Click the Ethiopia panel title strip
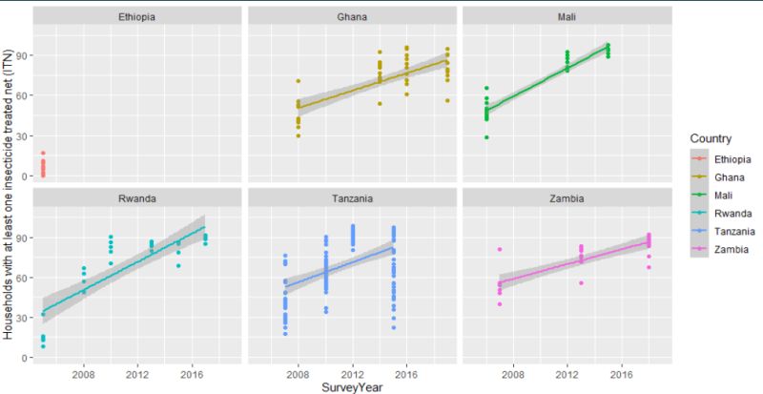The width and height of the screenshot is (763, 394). point(137,17)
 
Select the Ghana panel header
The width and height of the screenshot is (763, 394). point(353,17)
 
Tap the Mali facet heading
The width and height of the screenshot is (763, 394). point(567,17)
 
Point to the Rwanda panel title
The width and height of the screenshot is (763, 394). point(137,198)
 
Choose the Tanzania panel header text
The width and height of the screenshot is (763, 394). point(353,198)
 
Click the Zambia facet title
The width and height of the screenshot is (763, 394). point(567,198)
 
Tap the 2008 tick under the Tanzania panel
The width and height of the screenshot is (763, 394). point(299,372)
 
